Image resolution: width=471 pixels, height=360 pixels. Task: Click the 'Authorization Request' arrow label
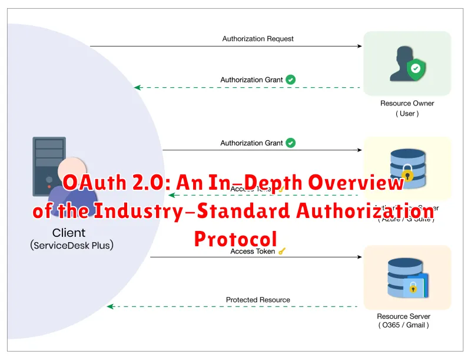tap(258, 39)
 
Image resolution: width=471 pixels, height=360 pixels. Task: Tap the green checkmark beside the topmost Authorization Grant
tap(291, 80)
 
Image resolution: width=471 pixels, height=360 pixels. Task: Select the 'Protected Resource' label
tap(258, 300)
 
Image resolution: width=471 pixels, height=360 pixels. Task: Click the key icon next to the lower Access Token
tap(282, 252)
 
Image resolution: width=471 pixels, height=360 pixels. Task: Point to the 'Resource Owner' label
tap(407, 104)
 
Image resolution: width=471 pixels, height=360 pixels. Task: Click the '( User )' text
tap(407, 114)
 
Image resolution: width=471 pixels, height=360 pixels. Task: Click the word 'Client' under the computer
tap(69, 233)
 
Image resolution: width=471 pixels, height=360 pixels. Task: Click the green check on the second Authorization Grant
tap(291, 143)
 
